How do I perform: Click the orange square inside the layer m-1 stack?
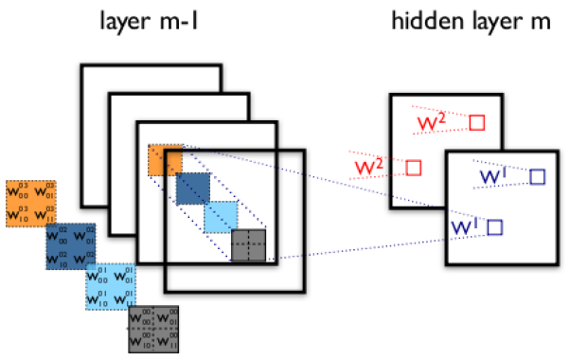164,160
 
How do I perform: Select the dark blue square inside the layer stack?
192,189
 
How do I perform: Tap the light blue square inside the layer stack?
221,217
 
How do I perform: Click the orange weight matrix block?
31,203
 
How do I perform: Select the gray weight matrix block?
153,328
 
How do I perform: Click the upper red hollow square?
476,122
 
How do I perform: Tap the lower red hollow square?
413,168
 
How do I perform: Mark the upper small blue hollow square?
538,175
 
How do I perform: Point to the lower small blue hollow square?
494,226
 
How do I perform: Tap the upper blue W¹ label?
496,176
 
